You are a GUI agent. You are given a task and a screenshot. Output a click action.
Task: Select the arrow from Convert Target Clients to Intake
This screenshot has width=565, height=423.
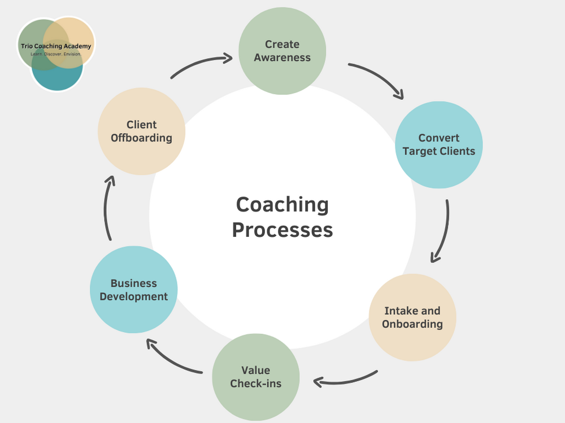click(443, 231)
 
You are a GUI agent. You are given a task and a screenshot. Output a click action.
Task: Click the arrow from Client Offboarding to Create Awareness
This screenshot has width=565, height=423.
click(201, 63)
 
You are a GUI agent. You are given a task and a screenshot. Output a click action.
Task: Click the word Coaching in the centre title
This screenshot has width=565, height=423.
click(282, 204)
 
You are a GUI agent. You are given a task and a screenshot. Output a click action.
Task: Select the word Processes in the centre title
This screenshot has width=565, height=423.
click(282, 230)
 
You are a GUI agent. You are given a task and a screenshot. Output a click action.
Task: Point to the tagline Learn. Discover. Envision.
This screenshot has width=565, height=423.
click(55, 54)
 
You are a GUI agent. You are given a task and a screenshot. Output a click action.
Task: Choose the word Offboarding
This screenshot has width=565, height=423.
click(141, 138)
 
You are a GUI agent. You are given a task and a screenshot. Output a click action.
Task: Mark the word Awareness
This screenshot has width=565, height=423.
click(282, 58)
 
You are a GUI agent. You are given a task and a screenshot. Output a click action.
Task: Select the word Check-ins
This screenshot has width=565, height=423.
click(255, 384)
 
